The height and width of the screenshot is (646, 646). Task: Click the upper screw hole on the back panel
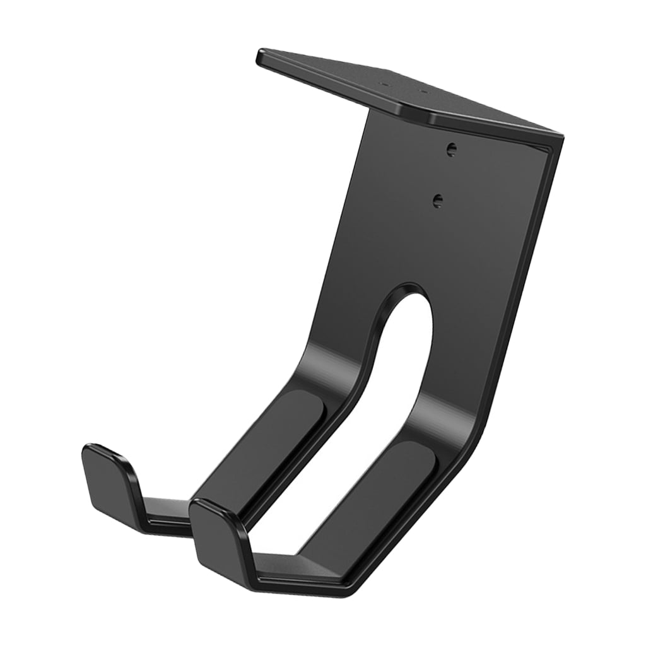[450, 150]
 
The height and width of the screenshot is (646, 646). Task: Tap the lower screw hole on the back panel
[438, 200]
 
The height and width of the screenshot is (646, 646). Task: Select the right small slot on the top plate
[424, 92]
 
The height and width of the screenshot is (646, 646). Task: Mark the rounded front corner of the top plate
[430, 120]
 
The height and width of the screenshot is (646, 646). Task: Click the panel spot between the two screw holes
[444, 175]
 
